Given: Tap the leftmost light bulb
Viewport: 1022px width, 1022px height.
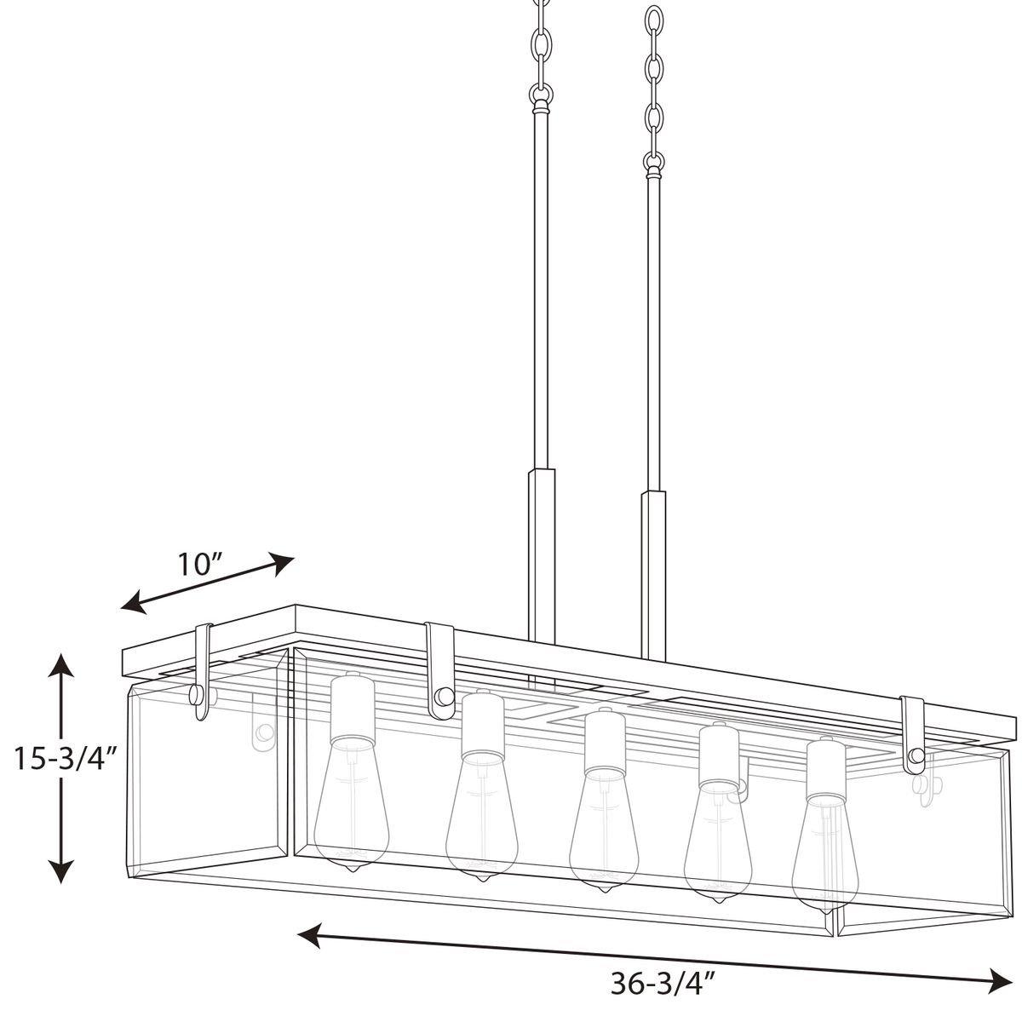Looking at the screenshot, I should tap(351, 809).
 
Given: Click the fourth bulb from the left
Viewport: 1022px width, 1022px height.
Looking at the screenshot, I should tap(720, 847).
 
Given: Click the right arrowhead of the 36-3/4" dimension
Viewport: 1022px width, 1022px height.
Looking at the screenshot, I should tap(998, 978).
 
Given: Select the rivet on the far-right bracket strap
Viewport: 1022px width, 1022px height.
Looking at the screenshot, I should tap(916, 755).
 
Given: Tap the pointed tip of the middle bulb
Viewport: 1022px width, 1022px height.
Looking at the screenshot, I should tap(605, 888).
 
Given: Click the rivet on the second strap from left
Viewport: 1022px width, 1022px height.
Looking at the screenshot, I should tap(443, 697).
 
